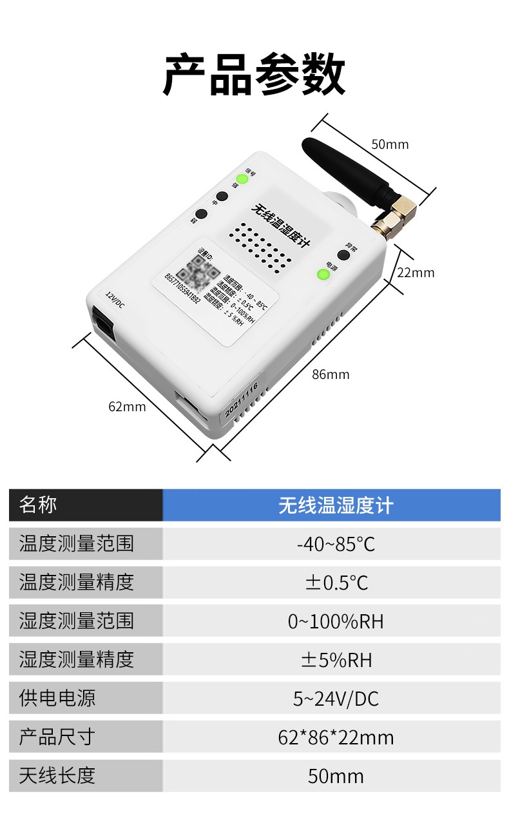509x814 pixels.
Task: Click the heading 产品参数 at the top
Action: [x=254, y=75]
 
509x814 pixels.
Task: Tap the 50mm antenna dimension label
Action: [x=390, y=144]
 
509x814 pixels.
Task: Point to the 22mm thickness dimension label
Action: [x=416, y=273]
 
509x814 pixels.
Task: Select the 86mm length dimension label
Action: [x=331, y=374]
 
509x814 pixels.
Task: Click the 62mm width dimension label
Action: [x=127, y=407]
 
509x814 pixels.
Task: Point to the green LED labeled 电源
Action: [x=323, y=275]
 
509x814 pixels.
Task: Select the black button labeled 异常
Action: [x=343, y=255]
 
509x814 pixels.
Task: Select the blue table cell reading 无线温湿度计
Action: [x=331, y=505]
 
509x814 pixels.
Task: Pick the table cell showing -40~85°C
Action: [x=331, y=544]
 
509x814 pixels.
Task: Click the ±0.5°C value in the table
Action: [x=331, y=583]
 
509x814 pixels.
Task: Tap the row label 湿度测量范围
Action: [x=77, y=621]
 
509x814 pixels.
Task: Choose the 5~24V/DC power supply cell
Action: [x=331, y=699]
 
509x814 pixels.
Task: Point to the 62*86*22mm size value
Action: [x=331, y=737]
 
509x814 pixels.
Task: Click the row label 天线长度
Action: [x=57, y=776]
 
